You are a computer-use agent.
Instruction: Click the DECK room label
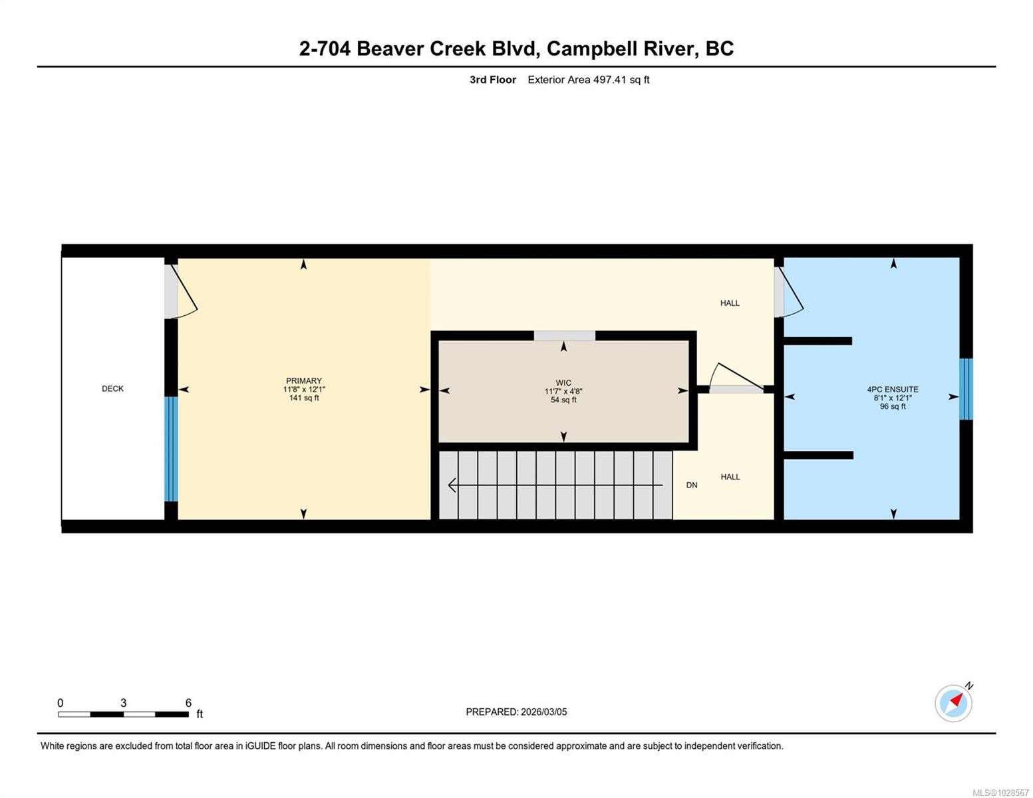click(x=112, y=388)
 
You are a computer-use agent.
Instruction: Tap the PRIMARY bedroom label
click(x=304, y=381)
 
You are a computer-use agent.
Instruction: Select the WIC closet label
click(x=563, y=383)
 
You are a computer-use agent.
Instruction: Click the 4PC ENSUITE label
click(x=893, y=390)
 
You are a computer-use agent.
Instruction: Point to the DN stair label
click(x=692, y=485)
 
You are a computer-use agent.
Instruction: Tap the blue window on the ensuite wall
click(x=966, y=389)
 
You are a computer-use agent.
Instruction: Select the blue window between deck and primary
click(x=171, y=449)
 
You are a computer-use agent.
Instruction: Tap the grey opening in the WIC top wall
click(x=564, y=336)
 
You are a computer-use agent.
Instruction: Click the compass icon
click(x=953, y=703)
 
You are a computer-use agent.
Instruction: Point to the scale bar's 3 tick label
click(x=124, y=703)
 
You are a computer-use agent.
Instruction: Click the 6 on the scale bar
click(x=188, y=703)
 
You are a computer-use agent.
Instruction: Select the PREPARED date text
click(x=516, y=712)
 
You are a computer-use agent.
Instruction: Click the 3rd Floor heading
click(x=493, y=80)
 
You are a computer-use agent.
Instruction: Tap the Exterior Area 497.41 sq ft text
click(x=588, y=80)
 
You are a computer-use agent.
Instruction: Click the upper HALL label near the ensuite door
click(x=730, y=303)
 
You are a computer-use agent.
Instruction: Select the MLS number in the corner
click(x=1000, y=793)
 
